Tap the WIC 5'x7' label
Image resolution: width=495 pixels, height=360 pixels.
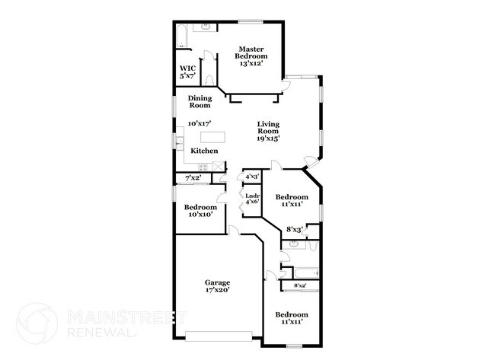[x=187, y=72]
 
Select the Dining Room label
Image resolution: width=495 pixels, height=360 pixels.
[x=200, y=102]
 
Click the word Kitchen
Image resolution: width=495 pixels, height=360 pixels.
[x=204, y=151]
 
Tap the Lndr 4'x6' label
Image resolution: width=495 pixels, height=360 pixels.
[x=252, y=199]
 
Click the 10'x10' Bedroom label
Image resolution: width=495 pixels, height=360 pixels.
[x=200, y=211]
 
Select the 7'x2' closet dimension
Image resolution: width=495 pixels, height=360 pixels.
[x=193, y=178]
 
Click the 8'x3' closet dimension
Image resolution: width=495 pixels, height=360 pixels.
[x=294, y=229]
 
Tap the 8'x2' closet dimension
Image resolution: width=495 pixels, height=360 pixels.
[x=300, y=285]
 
